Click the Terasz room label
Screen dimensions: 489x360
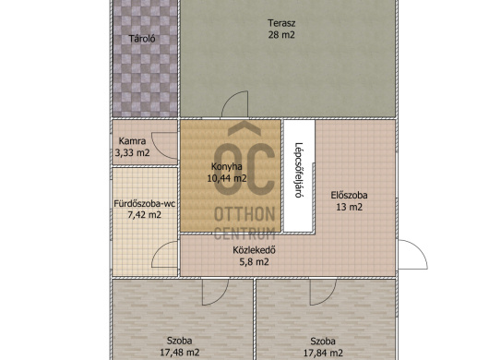281,23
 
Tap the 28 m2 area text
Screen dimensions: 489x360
281,35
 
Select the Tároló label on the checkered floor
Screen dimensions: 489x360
142,39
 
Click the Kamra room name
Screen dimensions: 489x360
132,141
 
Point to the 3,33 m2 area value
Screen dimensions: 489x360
132,153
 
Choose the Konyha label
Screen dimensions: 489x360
227,166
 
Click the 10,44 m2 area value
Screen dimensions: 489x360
227,178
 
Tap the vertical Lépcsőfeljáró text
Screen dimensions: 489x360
299,170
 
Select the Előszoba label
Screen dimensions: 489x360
349,196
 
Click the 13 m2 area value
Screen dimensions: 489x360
349,207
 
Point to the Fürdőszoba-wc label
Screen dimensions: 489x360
144,204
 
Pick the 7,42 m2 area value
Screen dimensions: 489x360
144,215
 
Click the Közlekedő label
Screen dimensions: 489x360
254,250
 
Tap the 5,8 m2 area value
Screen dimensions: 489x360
254,262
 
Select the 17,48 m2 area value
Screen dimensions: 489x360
179,353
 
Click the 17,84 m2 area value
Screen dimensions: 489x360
323,353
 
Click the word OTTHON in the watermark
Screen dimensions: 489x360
244,214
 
